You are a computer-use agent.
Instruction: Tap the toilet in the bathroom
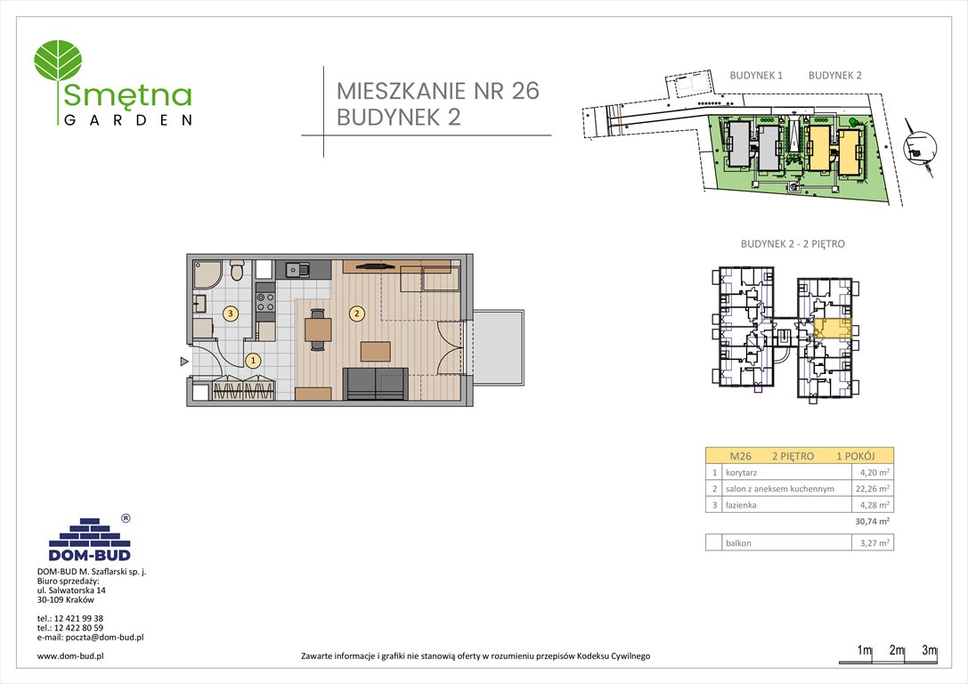(x=236, y=269)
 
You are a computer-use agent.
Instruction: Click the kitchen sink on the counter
(x=297, y=268)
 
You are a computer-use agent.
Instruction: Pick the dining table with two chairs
(x=317, y=330)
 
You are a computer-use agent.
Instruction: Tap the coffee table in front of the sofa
(x=375, y=351)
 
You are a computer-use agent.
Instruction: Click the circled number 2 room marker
(x=357, y=313)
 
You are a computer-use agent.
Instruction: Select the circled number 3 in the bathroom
(x=231, y=313)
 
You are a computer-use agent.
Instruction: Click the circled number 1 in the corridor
(x=253, y=361)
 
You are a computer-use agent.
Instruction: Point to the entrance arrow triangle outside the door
(x=183, y=362)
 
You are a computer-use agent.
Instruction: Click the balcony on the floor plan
(x=494, y=347)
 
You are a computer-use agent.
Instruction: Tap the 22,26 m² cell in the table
(x=873, y=489)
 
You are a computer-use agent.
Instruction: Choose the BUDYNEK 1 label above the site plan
(x=755, y=76)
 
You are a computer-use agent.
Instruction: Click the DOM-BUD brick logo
(x=89, y=539)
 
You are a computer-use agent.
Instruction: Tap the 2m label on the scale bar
(x=896, y=651)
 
